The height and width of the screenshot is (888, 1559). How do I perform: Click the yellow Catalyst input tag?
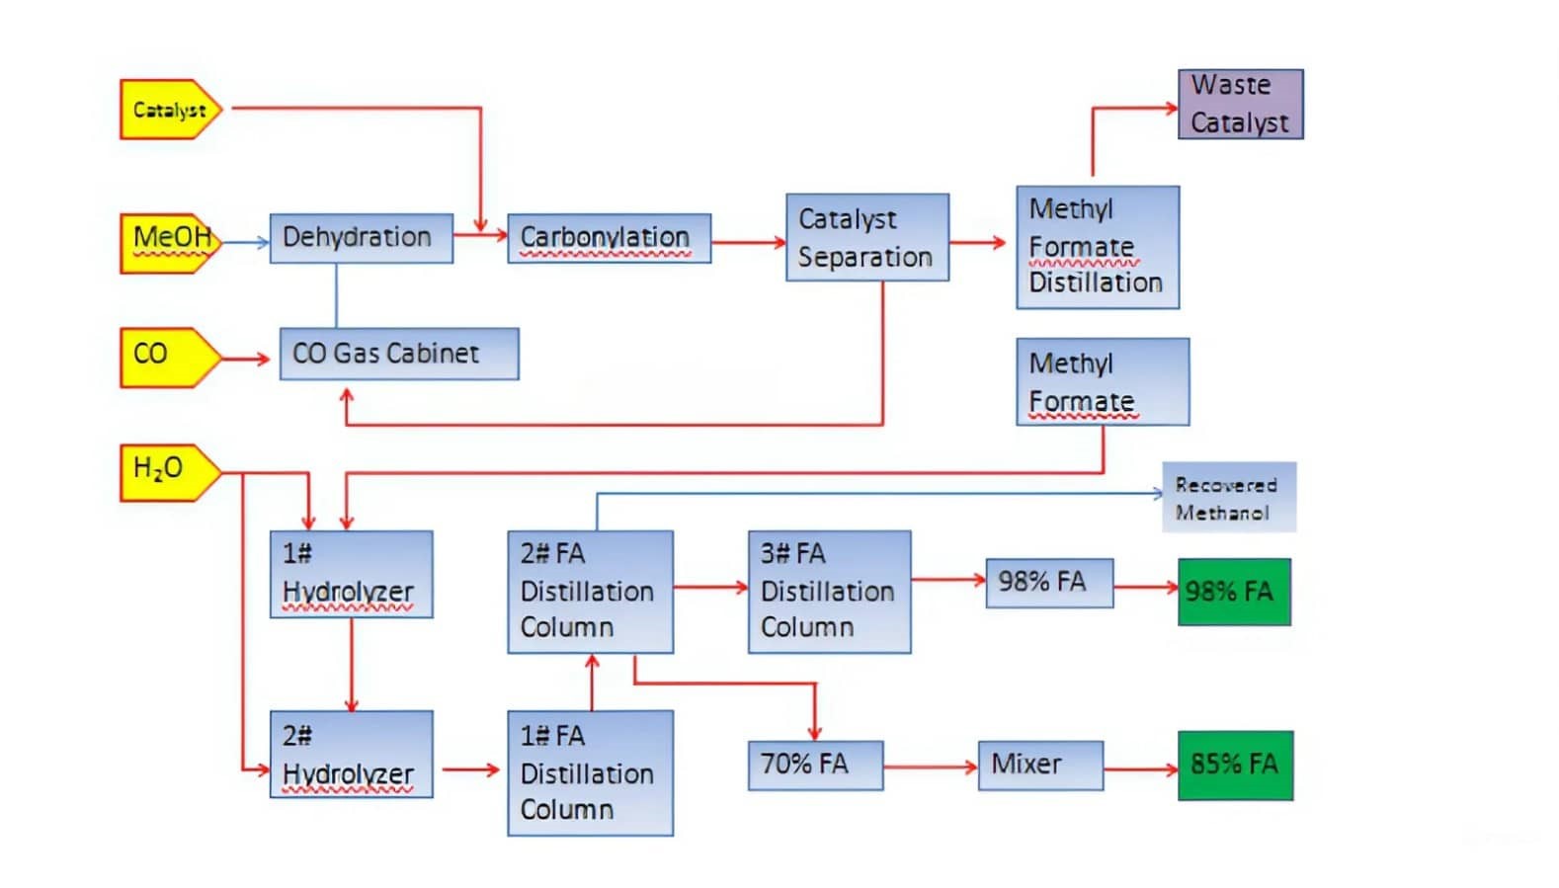pos(171,110)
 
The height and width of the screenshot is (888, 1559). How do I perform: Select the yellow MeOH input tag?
pos(171,244)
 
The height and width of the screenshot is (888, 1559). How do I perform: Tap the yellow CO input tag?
pos(171,358)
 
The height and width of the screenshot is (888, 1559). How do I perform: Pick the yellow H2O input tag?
pos(171,473)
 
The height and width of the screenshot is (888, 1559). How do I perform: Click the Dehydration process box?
pos(362,238)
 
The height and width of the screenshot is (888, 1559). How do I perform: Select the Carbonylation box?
pos(610,238)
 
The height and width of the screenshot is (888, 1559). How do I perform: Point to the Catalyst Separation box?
pos(867,237)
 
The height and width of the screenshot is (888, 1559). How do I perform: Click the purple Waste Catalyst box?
pos(1240,105)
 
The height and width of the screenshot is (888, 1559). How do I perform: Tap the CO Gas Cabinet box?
pos(399,354)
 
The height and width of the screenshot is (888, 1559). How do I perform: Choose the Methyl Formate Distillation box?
pos(1098,247)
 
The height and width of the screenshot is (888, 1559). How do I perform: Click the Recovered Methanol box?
pos(1229,497)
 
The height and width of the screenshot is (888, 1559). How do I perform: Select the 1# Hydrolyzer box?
pos(352,574)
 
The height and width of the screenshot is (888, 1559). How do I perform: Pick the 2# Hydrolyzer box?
pos(352,755)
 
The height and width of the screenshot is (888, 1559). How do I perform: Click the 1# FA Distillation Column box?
pos(590,773)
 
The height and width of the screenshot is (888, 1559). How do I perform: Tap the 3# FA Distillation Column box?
pos(830,593)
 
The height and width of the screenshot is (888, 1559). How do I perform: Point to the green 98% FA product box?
pos(1234,592)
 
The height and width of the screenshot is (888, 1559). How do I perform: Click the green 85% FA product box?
pos(1235,766)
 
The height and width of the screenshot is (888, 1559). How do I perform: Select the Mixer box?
pos(1040,766)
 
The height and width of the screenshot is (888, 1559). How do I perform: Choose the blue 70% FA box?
pos(816,766)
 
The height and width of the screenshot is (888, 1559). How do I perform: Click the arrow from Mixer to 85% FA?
pos(1141,769)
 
